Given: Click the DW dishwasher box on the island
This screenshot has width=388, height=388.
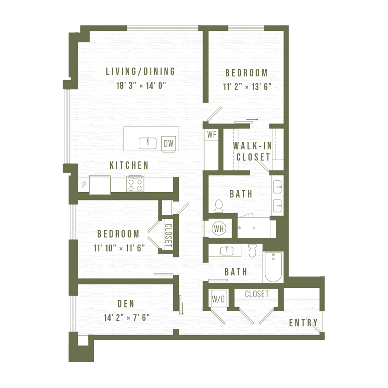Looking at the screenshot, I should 169,143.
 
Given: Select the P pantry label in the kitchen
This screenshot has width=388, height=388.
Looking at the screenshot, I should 84,185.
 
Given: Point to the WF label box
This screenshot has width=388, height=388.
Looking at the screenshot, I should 211,135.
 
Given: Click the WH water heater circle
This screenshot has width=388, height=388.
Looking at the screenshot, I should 218,228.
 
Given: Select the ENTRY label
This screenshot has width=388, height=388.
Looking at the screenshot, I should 303,323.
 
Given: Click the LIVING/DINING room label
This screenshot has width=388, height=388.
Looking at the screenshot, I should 140,71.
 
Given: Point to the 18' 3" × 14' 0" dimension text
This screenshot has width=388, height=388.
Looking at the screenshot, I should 140,85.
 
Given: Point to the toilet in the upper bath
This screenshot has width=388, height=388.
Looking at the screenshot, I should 218,206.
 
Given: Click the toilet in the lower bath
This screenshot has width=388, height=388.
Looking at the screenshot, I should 252,251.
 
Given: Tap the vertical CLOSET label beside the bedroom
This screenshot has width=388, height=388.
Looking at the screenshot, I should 168,235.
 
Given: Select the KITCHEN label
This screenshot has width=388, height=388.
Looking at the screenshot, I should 129,165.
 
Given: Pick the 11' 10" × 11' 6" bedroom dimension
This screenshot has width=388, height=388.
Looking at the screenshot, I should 119,248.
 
